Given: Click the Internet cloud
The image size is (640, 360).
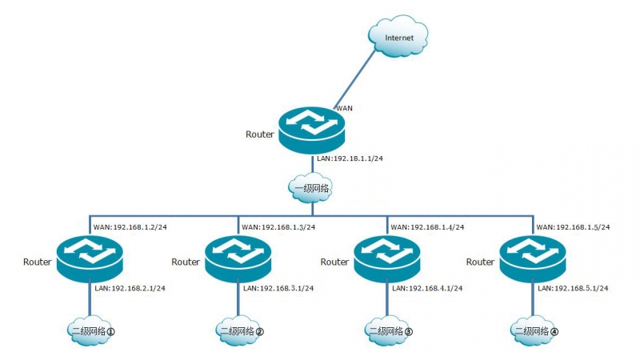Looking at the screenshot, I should coord(399,38).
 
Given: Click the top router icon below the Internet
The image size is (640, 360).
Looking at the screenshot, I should coord(311,133).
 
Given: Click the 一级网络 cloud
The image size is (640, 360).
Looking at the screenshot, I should coord(311,189).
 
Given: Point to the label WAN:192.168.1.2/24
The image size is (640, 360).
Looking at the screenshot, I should coord(130,226).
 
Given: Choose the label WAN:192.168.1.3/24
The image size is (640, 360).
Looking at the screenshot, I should coord(278,226).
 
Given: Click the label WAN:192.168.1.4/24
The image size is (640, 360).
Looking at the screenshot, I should coord(427,226).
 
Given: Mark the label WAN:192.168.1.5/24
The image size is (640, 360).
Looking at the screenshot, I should coord(573,226).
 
